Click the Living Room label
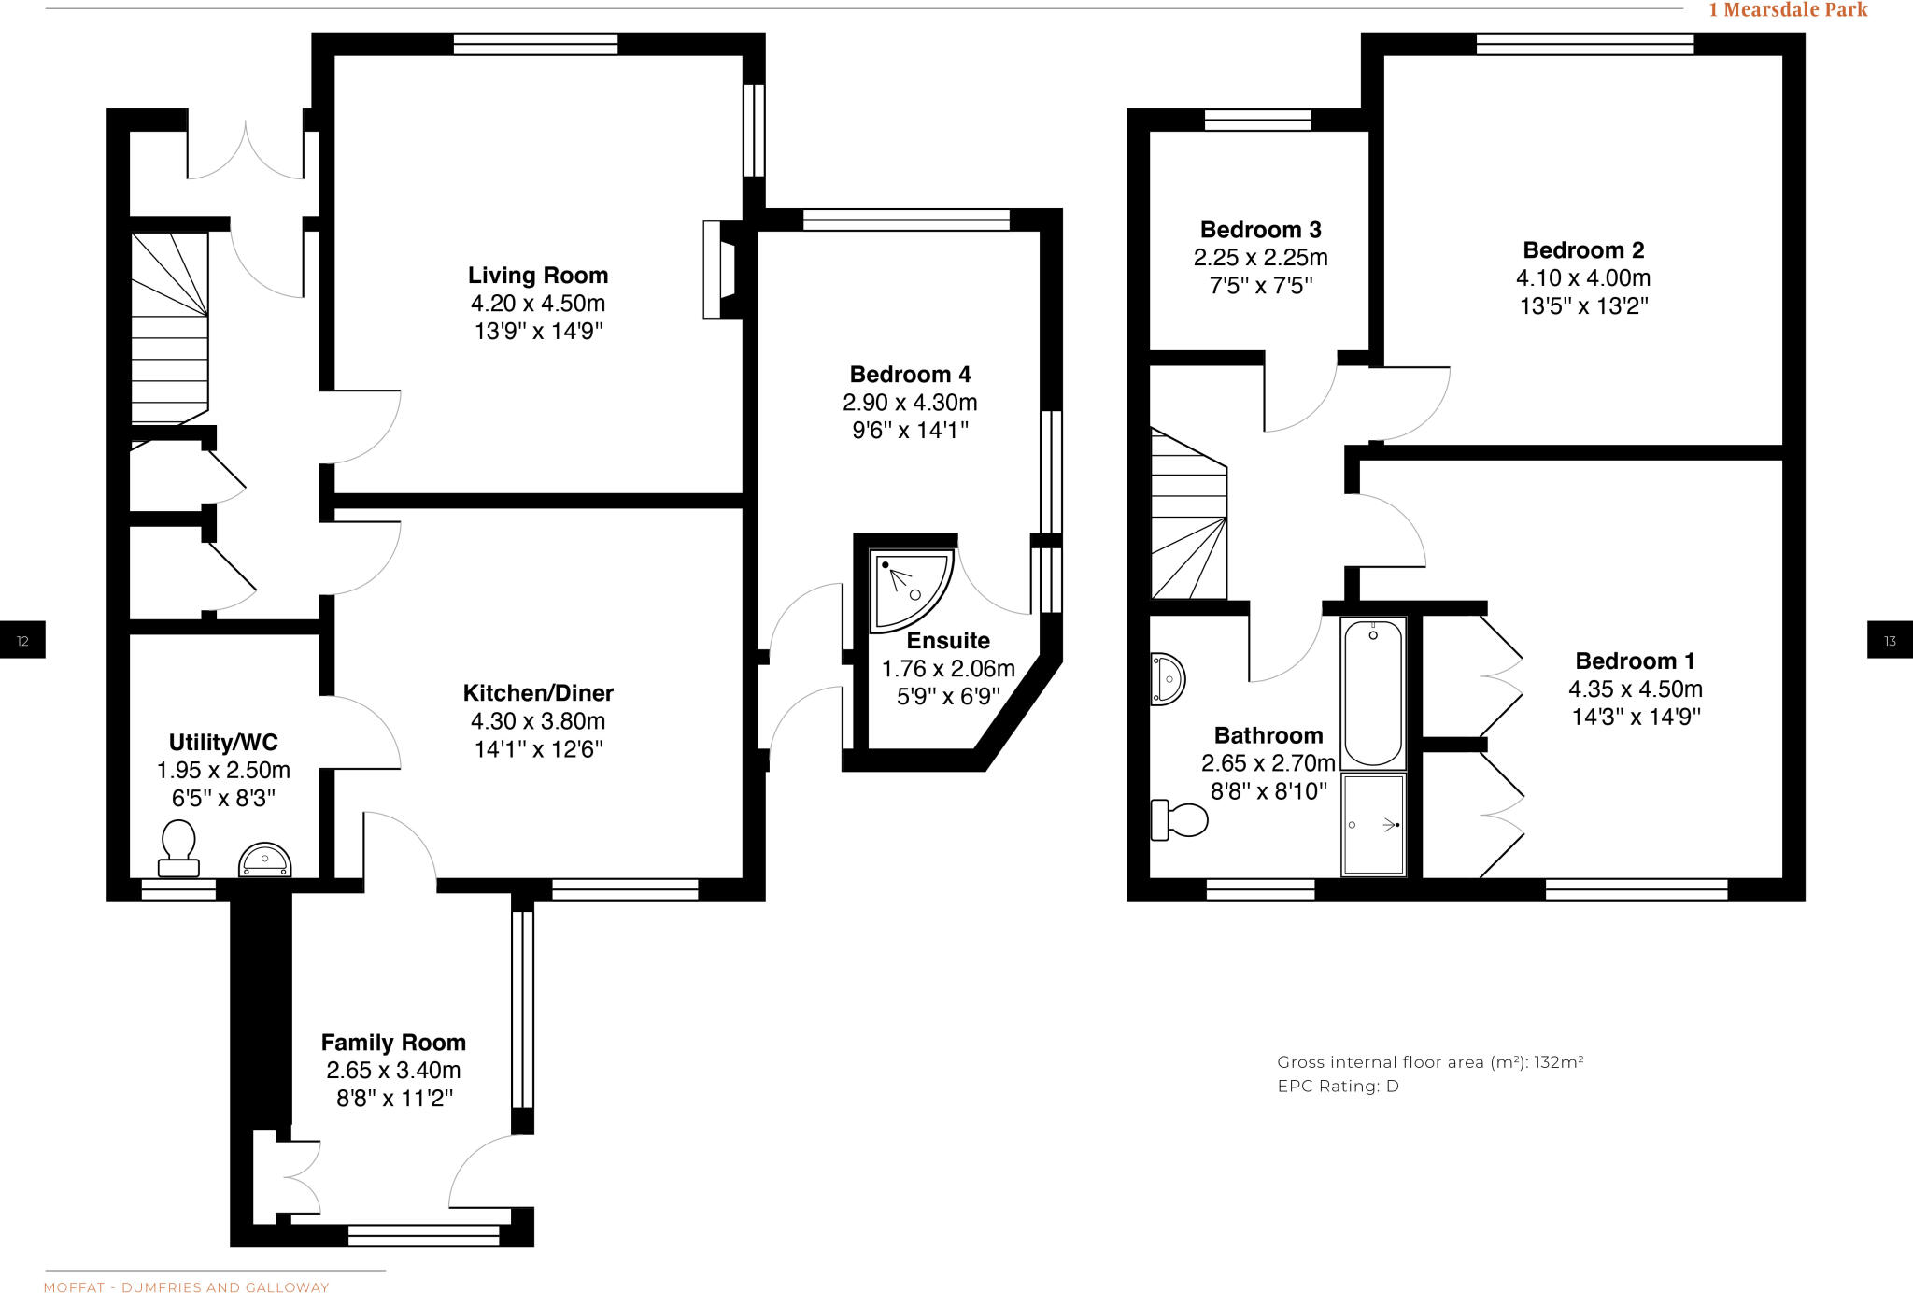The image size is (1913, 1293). pos(538,276)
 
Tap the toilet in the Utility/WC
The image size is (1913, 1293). pos(178,846)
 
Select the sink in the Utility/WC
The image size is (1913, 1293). pos(265,860)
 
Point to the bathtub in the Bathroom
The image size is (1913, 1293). pos(1373,692)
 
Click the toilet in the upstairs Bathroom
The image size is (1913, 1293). pos(1181,820)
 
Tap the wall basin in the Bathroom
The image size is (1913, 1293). pos(1167,678)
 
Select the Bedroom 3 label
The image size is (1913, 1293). pos(1260,230)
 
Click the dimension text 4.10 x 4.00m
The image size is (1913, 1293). pos(1583,278)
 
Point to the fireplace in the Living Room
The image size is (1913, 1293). pos(721,270)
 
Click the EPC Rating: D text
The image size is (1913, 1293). pos(1338,1087)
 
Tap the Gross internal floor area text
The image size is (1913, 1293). pos(1429,1062)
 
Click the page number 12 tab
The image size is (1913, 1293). pos(22,640)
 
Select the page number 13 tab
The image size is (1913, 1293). pos(1889,640)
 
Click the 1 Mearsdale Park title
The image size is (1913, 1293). pos(1788,10)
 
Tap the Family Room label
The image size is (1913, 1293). pos(393,1043)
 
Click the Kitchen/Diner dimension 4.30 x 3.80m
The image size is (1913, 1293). pos(538,721)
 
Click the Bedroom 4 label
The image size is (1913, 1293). pos(910,375)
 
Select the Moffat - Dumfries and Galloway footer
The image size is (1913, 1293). pos(187,1287)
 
